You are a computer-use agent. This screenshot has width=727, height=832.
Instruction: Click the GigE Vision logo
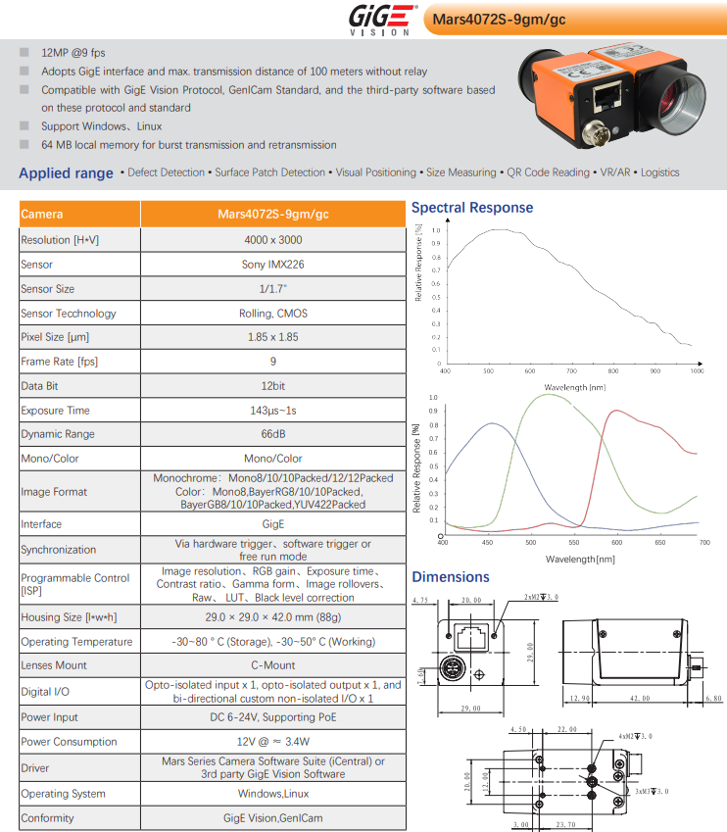(x=379, y=19)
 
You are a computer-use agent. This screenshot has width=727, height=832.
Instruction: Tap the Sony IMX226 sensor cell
(x=272, y=265)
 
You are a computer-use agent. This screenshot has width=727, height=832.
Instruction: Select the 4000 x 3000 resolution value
(x=272, y=240)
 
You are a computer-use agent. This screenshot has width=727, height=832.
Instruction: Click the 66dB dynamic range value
(x=272, y=434)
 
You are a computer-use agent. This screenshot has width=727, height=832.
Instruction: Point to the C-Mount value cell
(x=272, y=665)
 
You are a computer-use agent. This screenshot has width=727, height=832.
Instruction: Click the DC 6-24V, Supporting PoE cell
(x=272, y=717)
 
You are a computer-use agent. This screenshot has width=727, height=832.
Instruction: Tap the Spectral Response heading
(x=472, y=208)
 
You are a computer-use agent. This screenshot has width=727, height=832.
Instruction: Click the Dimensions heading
(x=451, y=577)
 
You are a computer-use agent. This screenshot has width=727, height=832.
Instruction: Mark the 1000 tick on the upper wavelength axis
(x=697, y=371)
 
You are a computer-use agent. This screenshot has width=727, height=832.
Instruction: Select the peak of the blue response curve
(x=490, y=423)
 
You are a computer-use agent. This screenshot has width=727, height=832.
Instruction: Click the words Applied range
(x=66, y=173)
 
